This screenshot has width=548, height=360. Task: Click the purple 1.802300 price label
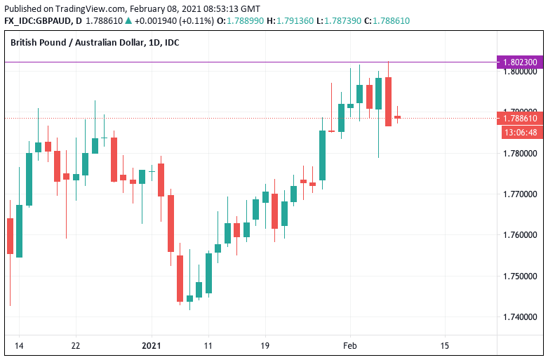(x=520, y=62)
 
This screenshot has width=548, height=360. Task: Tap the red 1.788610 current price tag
(x=520, y=118)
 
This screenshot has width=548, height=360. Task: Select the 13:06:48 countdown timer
(x=520, y=132)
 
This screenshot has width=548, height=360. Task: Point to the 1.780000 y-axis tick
(x=520, y=153)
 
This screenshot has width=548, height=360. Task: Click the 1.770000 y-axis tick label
(x=520, y=194)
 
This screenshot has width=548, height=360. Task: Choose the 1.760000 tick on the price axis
(x=520, y=234)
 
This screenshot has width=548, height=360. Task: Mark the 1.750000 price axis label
(x=520, y=275)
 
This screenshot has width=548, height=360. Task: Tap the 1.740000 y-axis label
(x=520, y=316)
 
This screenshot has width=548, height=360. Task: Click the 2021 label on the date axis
(x=152, y=345)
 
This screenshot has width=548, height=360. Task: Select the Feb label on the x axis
(x=349, y=345)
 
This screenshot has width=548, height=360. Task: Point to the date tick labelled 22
(x=76, y=345)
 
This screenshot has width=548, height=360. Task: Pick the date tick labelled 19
(x=265, y=345)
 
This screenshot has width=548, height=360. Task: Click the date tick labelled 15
(x=444, y=345)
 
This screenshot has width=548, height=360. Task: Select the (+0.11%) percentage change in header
(x=193, y=21)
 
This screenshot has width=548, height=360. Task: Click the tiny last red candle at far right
(x=397, y=117)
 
